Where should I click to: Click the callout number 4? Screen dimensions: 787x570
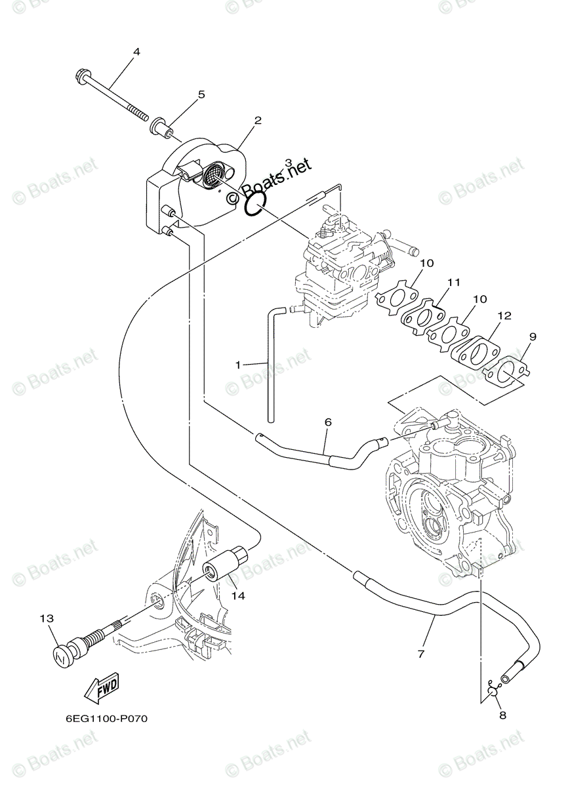tap(136, 51)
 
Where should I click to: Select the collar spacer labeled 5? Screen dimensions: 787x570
tap(161, 127)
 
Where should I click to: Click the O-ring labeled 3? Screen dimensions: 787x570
tap(255, 205)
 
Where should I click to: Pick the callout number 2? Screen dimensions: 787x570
tap(258, 121)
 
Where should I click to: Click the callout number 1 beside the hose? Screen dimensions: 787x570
tap(238, 363)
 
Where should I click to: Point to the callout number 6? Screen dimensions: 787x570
tap(328, 422)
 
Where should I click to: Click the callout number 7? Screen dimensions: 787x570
tap(420, 654)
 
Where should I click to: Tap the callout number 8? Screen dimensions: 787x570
tap(502, 716)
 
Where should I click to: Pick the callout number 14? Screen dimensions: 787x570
tap(237, 595)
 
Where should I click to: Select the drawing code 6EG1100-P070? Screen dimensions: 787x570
tap(106, 719)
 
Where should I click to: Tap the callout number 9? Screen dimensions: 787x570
tap(533, 336)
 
